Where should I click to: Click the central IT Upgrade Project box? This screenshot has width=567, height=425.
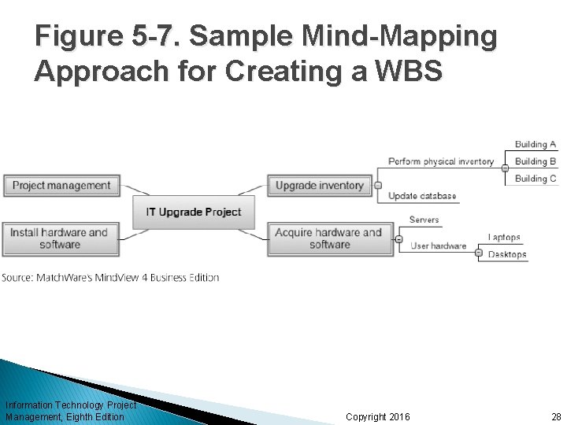(194, 212)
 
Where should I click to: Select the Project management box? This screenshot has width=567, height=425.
(61, 186)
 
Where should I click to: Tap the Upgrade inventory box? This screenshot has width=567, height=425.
(320, 186)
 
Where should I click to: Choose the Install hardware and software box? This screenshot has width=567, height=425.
(60, 238)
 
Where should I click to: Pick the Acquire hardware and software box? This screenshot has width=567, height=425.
(329, 238)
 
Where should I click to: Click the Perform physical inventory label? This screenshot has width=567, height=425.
(441, 161)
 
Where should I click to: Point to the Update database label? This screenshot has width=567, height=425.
(422, 196)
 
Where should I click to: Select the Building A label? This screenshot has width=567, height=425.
(535, 144)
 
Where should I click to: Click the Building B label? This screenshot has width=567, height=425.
(535, 161)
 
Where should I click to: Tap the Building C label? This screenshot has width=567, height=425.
(535, 179)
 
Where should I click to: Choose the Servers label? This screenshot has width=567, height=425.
(424, 220)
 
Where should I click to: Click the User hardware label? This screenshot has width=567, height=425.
(439, 246)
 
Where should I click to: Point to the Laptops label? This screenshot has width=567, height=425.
(504, 238)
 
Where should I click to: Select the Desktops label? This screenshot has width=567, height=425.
(507, 254)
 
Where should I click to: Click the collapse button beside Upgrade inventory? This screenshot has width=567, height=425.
(379, 186)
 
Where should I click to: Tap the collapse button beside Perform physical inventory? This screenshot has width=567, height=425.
(505, 168)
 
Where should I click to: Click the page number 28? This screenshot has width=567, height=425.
(556, 416)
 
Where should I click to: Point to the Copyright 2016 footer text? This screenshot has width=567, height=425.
(378, 416)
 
